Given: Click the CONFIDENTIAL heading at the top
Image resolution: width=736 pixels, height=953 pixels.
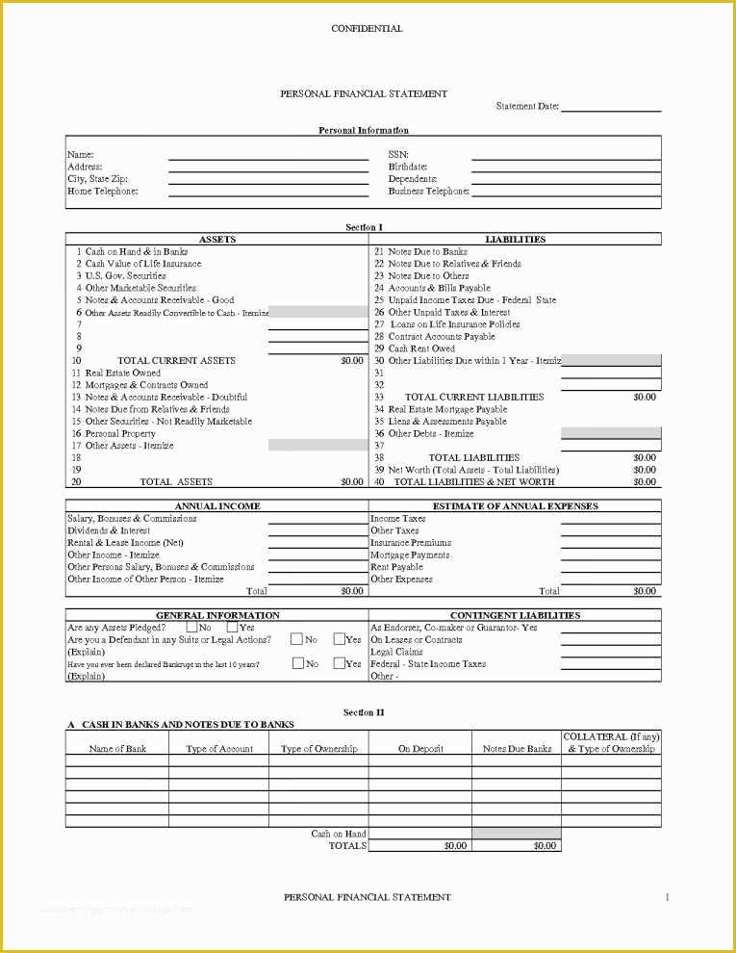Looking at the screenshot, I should coord(367,29).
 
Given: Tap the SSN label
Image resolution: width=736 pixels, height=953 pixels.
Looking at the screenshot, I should coord(398,154).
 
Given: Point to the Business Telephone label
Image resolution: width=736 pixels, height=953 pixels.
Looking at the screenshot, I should coord(428,191).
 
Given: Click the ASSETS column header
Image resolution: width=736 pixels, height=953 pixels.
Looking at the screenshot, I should coord(216,239).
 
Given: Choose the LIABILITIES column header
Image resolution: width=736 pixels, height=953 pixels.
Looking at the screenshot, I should coord(515,239).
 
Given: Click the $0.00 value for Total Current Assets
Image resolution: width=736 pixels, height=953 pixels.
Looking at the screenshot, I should coord(352,361).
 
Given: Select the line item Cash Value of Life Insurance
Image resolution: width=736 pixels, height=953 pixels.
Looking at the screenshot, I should coord(143,264).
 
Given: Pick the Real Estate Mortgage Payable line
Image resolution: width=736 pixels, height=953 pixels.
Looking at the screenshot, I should coord(447,409).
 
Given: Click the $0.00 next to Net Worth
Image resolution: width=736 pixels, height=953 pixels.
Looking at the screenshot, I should coord(644,470).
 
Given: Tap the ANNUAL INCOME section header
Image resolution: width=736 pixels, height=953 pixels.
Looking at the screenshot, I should coord(217,506).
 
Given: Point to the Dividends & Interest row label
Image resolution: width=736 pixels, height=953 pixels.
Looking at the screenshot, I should coord(109,530).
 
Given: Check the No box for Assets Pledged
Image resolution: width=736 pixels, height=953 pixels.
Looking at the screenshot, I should coord(192,628).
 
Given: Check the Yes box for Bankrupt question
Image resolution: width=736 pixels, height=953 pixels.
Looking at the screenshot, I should coord(339,663).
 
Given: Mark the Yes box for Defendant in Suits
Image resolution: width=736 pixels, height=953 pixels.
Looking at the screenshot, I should coord(339,639).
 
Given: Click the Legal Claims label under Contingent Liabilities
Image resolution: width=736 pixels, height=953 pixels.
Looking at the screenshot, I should coord(396,652).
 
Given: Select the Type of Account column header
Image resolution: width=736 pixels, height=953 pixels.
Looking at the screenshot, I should coord(219,749).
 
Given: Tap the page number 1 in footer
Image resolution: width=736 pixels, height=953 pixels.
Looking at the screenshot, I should coord(667,897).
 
